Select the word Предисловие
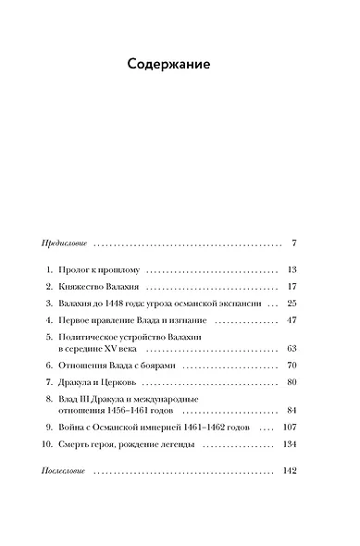[x=64, y=243]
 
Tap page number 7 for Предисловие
[x=292, y=243]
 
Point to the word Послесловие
[x=65, y=471]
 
